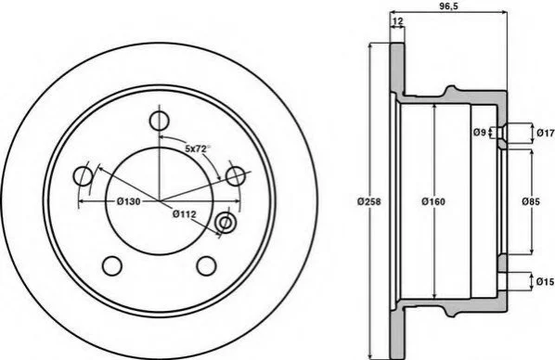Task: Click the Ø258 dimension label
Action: point(368,201)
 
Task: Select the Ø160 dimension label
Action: point(433,201)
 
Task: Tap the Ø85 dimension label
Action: point(531,201)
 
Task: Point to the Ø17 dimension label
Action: point(546,133)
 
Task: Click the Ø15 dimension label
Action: point(545,282)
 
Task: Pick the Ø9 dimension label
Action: point(479,133)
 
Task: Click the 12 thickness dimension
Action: point(397,21)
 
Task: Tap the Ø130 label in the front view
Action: point(128,201)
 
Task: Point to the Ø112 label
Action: point(184,213)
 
